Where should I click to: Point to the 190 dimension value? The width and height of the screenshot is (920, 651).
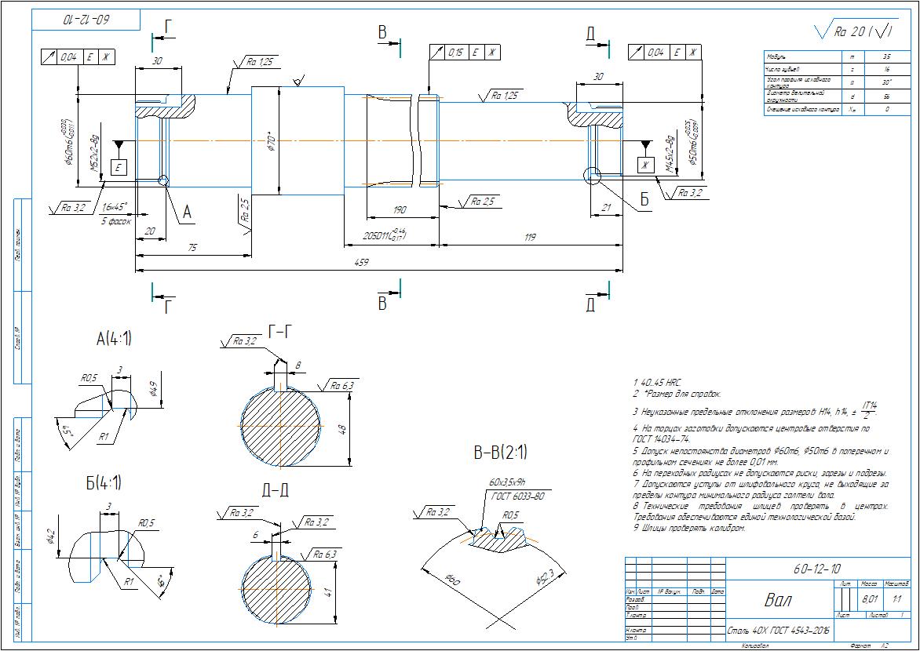tap(400, 209)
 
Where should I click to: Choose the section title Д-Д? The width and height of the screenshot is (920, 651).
tap(275, 490)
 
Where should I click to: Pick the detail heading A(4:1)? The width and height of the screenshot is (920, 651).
tap(114, 339)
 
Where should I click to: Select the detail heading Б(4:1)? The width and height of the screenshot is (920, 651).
tap(104, 482)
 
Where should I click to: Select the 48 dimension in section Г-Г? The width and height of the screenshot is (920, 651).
tap(341, 429)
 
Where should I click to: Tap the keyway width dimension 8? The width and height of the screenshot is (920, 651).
tap(297, 365)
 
